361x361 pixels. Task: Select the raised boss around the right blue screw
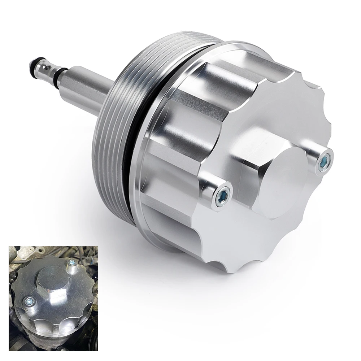[318, 152]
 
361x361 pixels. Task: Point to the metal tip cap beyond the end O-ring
[30, 65]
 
